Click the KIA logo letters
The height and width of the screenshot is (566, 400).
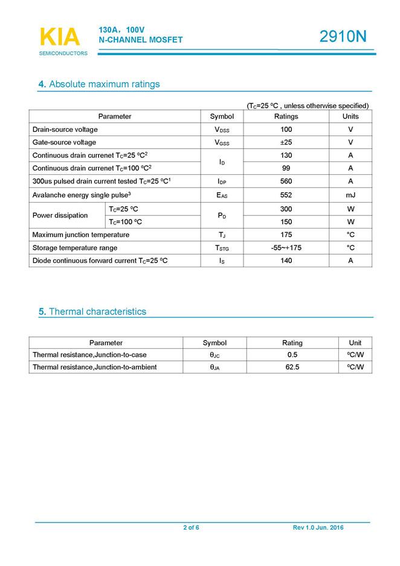(x=59, y=37)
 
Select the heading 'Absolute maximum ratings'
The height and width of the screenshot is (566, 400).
(x=104, y=84)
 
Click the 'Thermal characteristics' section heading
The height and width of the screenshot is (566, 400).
(x=97, y=312)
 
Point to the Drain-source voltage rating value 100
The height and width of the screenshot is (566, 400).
(x=286, y=129)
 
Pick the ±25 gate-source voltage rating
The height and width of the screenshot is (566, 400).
(x=286, y=143)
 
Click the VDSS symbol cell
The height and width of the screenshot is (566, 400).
(x=222, y=130)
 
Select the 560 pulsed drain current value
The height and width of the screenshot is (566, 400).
(x=286, y=181)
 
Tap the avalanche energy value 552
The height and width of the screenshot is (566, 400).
(x=286, y=195)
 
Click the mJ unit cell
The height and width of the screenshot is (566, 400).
(x=350, y=195)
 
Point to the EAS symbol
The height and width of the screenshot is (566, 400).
(x=222, y=195)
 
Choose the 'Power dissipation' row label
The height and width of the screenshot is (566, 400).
(x=60, y=215)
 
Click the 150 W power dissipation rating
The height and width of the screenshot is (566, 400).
(x=286, y=221)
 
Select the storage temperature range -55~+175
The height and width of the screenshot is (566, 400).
(x=286, y=247)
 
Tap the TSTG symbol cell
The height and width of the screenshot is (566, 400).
(x=222, y=248)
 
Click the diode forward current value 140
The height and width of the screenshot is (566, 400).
(x=286, y=261)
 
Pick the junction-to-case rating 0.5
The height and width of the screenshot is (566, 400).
(x=292, y=354)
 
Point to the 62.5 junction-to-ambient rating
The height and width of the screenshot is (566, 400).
(x=292, y=367)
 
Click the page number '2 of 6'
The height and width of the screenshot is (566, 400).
(x=191, y=528)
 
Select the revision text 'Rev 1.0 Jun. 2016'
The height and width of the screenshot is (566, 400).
(x=318, y=528)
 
